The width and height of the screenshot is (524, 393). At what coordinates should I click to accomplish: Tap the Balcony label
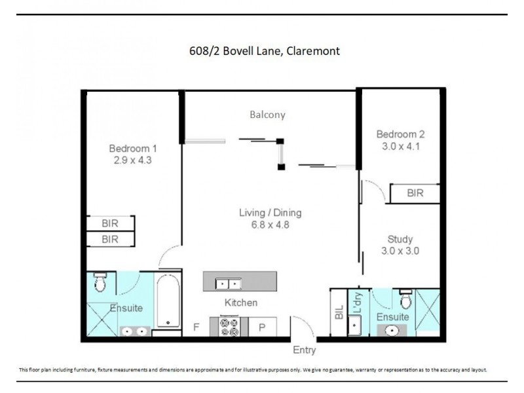[267, 115]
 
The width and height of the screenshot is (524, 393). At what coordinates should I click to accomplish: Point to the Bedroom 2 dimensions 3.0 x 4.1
[400, 146]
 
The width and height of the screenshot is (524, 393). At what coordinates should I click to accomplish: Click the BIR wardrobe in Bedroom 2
[415, 193]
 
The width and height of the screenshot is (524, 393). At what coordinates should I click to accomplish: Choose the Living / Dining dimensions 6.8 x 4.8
[270, 224]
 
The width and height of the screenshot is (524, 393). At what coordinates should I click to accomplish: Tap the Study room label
[400, 239]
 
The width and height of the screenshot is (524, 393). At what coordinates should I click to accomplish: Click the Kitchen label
[241, 303]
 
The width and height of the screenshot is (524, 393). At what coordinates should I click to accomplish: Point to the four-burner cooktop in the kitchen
[229, 326]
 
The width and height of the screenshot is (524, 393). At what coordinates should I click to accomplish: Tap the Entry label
[304, 350]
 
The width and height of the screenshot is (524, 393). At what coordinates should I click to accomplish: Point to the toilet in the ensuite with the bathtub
[100, 282]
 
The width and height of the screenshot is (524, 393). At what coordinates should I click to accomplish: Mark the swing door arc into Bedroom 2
[373, 190]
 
